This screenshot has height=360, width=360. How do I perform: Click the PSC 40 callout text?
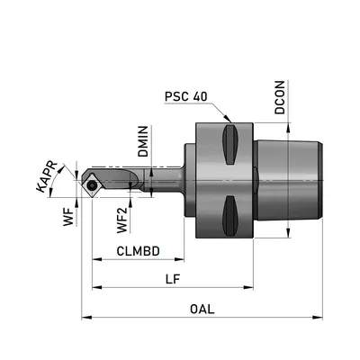(x=186, y=96)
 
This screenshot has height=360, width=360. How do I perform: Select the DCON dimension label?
(x=280, y=97)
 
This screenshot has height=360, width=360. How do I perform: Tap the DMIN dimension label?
(x=143, y=141)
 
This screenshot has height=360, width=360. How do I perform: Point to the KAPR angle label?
(x=47, y=176)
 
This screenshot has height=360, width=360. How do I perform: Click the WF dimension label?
(x=68, y=217)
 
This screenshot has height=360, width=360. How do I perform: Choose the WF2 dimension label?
(x=122, y=220)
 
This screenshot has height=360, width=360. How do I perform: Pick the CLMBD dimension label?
(x=138, y=251)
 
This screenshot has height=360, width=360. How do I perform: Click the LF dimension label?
(x=173, y=279)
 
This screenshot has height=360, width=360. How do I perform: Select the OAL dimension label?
(x=202, y=309)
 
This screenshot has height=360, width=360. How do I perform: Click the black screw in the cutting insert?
(x=91, y=186)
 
